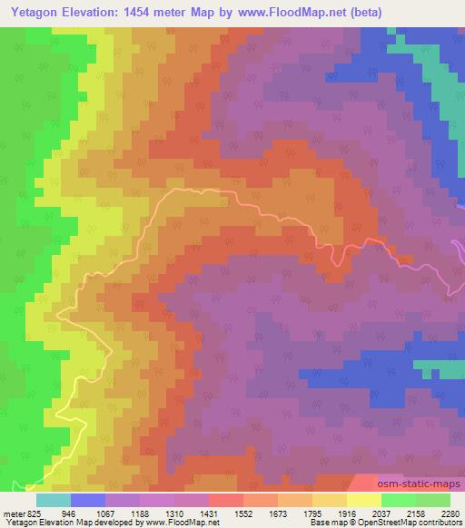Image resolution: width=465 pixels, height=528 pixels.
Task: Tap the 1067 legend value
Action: [105, 513]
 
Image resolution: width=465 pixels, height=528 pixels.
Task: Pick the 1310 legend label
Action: [174, 513]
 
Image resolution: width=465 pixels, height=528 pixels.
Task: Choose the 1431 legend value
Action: [209, 513]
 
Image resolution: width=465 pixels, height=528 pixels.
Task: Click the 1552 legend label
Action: [243, 513]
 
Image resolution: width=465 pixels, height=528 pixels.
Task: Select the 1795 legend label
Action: [312, 513]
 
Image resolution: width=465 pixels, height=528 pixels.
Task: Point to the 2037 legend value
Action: [381, 513]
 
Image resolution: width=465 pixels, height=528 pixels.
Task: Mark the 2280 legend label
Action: [449, 513]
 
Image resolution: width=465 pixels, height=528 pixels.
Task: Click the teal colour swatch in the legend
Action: [54, 500]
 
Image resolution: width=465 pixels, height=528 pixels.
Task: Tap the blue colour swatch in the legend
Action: [88, 500]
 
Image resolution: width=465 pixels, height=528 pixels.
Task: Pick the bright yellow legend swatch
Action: [364, 500]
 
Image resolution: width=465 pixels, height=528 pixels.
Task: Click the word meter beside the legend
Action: [13, 513]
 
